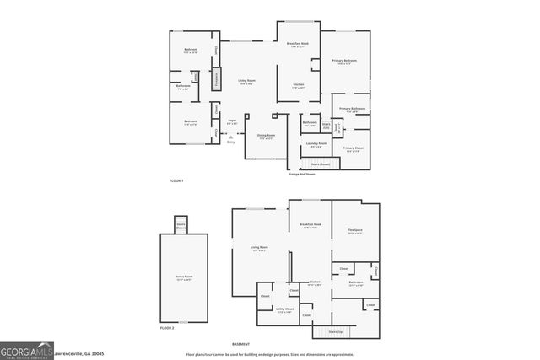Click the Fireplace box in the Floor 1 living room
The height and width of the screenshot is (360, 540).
point(216,79)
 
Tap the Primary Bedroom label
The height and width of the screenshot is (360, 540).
point(343,62)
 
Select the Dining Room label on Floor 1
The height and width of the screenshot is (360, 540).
point(265,137)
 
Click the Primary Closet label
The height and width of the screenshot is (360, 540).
point(354,149)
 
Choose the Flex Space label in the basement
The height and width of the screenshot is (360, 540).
point(354,231)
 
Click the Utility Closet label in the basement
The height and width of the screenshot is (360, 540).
point(284,310)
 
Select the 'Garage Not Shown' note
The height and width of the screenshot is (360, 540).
point(302,175)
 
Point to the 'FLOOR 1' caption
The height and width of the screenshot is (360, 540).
point(176,181)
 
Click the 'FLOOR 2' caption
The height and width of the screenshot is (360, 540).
point(167,327)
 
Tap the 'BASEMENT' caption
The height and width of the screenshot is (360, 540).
point(241,344)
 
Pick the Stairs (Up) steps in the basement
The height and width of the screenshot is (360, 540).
point(336,332)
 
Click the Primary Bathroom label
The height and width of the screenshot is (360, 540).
point(352,110)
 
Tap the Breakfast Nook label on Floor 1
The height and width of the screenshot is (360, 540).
point(295,46)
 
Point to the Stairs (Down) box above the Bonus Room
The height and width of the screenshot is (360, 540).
point(181,226)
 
